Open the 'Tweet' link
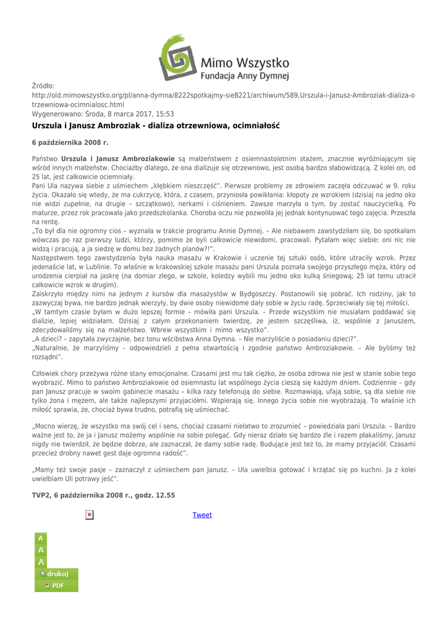pyautogui.click(x=203, y=515)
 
